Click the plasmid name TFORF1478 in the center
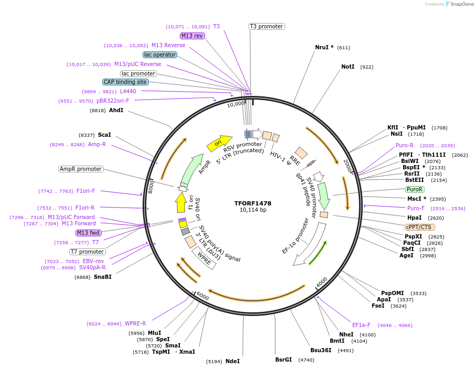[253, 203]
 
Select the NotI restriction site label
[348, 67]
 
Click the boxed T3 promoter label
[266, 26]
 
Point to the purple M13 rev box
[192, 36]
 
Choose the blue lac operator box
[160, 55]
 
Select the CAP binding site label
[125, 82]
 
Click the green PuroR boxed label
[415, 189]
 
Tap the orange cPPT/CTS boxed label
[419, 227]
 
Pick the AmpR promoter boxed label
[81, 169]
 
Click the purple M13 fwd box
[88, 233]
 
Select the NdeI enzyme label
[232, 361]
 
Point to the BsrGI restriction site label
[284, 360]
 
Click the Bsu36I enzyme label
[321, 350]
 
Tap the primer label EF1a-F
[361, 325]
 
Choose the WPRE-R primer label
[135, 323]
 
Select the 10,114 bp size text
[253, 210]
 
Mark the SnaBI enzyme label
[103, 277]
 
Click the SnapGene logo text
[461, 4]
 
